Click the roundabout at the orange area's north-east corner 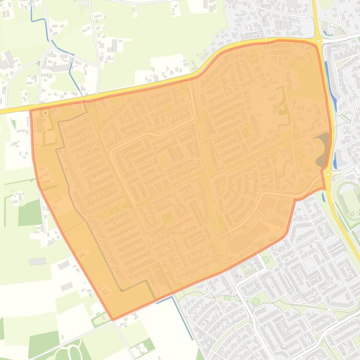tap(318, 41)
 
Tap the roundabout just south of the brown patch tap(328, 174)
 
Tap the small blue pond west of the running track tap(324, 198)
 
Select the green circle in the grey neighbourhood tap(256, 301)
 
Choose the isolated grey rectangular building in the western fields tap(37, 261)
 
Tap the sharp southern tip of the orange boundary tap(113, 320)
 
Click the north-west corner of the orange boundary tap(30, 110)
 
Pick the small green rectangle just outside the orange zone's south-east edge tap(266, 259)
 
